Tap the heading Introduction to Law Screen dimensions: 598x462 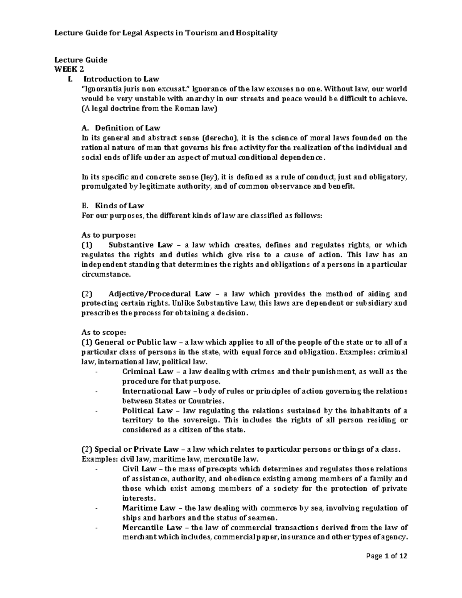pos(121,79)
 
